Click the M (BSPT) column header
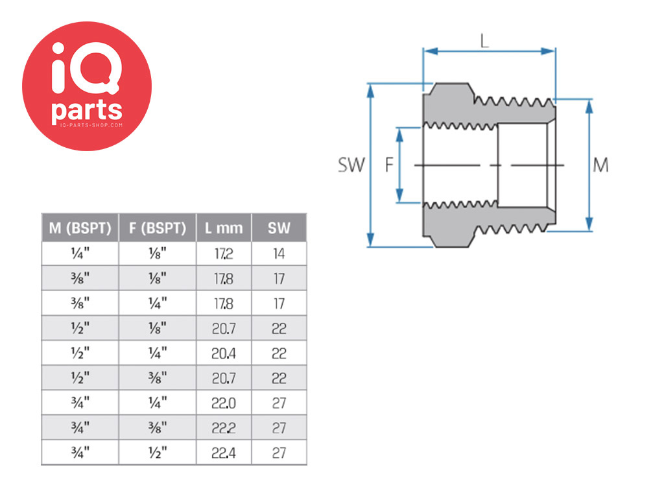(x=80, y=228)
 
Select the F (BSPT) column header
(x=158, y=228)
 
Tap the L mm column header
(x=224, y=228)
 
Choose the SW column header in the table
(x=279, y=228)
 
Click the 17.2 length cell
(x=224, y=254)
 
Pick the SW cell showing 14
(x=279, y=254)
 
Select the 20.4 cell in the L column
(x=224, y=353)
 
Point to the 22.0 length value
(x=224, y=403)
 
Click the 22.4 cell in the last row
(x=224, y=453)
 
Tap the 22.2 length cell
(x=224, y=428)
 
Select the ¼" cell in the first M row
(x=80, y=254)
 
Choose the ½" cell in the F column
(x=158, y=453)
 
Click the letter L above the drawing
(x=484, y=41)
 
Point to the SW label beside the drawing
(x=351, y=165)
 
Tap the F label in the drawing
(x=389, y=165)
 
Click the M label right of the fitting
(x=600, y=165)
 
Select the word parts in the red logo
(x=87, y=111)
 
